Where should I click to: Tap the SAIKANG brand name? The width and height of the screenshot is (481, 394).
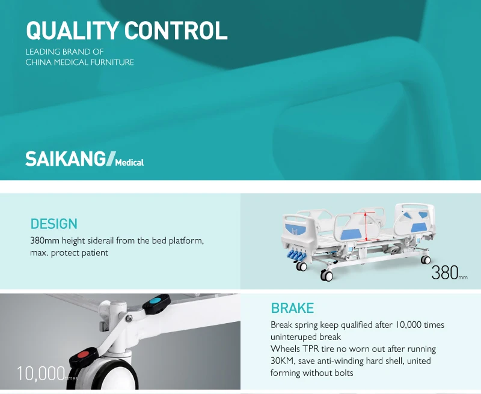[x=65, y=159]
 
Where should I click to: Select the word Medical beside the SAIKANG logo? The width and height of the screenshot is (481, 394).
[x=129, y=162]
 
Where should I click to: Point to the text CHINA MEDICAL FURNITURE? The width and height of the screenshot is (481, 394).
[x=79, y=62]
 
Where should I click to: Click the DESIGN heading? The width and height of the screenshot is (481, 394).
[x=54, y=224]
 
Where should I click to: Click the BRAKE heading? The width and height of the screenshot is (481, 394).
[x=292, y=308]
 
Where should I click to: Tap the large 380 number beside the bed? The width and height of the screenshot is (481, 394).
[x=445, y=273]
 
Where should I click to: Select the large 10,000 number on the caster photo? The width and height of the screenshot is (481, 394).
[x=40, y=374]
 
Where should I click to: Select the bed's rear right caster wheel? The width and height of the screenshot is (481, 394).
[x=426, y=259]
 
